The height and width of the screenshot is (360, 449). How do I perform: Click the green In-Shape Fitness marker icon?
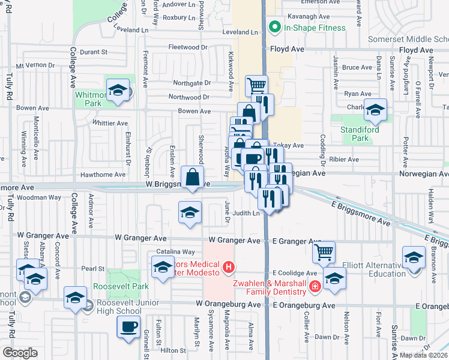[276, 27]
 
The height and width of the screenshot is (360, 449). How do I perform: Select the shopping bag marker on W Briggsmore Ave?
[191, 178]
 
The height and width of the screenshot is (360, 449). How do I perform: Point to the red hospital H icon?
[228, 267]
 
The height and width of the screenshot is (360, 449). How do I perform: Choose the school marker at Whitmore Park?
[118, 91]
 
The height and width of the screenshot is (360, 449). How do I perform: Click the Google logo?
[20, 353]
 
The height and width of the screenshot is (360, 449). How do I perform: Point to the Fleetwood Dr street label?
[188, 47]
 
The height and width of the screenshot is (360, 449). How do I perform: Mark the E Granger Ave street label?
[297, 241]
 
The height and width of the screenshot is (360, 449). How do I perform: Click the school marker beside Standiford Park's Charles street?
[376, 110]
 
